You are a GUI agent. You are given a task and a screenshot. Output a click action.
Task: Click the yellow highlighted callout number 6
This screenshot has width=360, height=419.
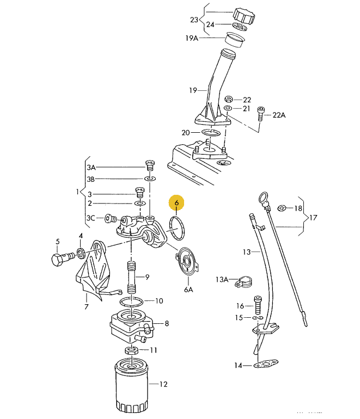(x=176, y=202)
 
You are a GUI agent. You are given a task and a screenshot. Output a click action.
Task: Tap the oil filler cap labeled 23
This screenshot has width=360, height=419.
(x=244, y=16)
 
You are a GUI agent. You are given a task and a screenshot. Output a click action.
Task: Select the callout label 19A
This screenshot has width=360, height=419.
(x=192, y=38)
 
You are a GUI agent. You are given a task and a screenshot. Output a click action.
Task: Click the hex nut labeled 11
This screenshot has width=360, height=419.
(x=131, y=350)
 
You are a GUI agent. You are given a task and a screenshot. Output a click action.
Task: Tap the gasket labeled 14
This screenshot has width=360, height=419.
(x=266, y=363)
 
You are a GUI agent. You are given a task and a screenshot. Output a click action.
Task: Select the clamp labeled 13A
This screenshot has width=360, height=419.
(x=243, y=282)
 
